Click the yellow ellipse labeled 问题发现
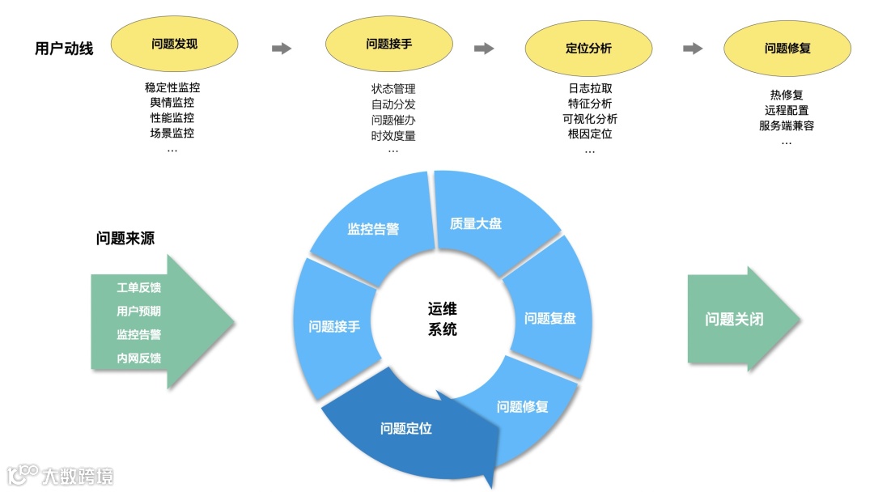coord(174,44)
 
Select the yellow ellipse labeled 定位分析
coord(588,48)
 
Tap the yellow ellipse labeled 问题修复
coord(787,48)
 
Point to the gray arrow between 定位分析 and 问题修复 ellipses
coord(693,49)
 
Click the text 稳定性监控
coord(172,87)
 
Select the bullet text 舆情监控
coord(172,103)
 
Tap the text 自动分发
coord(393,104)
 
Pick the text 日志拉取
coord(590,88)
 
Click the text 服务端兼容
coord(786,125)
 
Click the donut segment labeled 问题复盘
coord(549,317)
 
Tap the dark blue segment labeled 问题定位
coord(406,428)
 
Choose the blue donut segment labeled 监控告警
coord(373,229)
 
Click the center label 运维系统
coord(442,319)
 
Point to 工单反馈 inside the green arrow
coord(138,287)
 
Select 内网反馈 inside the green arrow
coord(138,358)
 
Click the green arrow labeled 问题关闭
coord(734,319)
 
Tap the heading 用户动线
coord(64,49)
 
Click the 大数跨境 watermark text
coord(78,475)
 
